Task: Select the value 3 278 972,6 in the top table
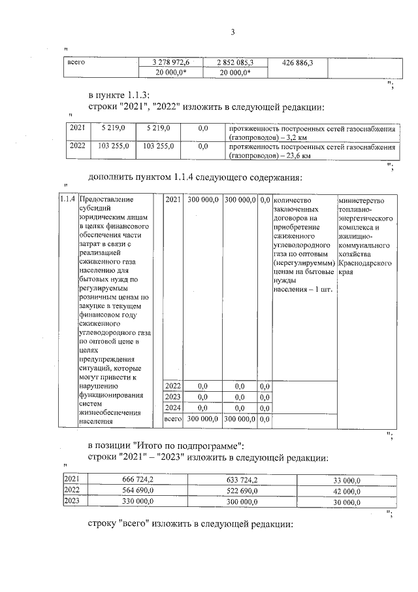[x=172, y=63]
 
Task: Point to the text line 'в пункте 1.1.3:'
[x=119, y=96]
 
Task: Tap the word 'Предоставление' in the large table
[x=105, y=200]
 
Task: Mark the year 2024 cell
[x=172, y=407]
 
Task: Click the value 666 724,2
[x=133, y=479]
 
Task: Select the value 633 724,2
[x=238, y=479]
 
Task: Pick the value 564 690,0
[x=133, y=490]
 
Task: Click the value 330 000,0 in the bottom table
[x=133, y=500]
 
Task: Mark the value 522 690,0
[x=238, y=490]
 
